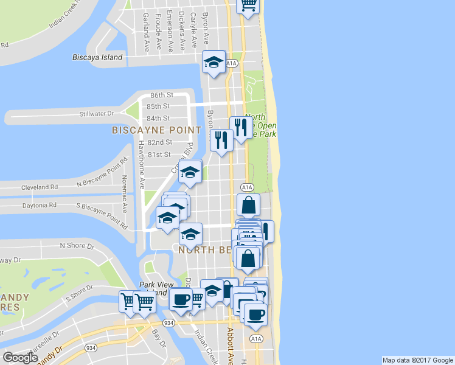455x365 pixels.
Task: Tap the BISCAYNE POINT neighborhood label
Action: click(156, 130)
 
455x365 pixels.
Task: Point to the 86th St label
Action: click(162, 96)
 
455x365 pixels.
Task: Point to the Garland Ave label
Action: click(146, 32)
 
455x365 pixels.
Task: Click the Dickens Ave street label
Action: click(182, 29)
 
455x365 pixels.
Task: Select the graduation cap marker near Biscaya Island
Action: click(214, 63)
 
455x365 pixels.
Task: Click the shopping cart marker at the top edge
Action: click(248, 5)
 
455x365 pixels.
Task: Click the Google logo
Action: click(20, 358)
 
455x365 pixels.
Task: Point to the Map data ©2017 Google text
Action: click(418, 360)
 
